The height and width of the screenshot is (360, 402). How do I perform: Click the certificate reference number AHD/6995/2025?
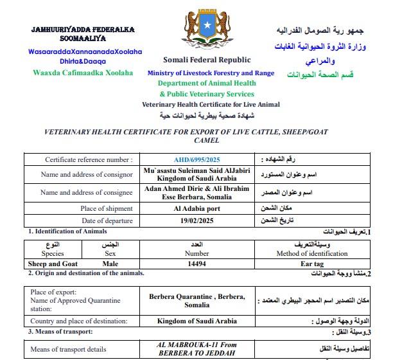pyautogui.click(x=197, y=159)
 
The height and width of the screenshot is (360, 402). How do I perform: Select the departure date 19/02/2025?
pyautogui.click(x=197, y=221)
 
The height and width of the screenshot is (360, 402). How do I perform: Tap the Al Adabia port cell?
pyautogui.click(x=197, y=208)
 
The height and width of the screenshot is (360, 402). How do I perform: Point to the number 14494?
pyautogui.click(x=197, y=264)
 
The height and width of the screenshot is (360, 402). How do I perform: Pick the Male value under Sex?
pyautogui.click(x=110, y=264)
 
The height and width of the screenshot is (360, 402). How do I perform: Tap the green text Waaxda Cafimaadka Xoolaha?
pyautogui.click(x=83, y=73)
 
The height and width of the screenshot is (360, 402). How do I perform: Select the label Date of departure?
pyautogui.click(x=107, y=221)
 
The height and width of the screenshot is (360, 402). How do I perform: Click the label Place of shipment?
pyautogui.click(x=107, y=208)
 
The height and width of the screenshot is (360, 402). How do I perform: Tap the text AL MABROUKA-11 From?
pyautogui.click(x=197, y=345)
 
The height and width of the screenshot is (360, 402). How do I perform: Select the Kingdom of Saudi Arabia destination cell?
pyautogui.click(x=197, y=321)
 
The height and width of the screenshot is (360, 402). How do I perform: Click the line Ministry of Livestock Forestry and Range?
pyautogui.click(x=211, y=73)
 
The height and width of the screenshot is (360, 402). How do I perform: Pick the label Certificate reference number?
pyautogui.click(x=89, y=159)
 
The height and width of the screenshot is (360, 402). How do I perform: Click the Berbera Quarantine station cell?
pyautogui.click(x=197, y=301)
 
